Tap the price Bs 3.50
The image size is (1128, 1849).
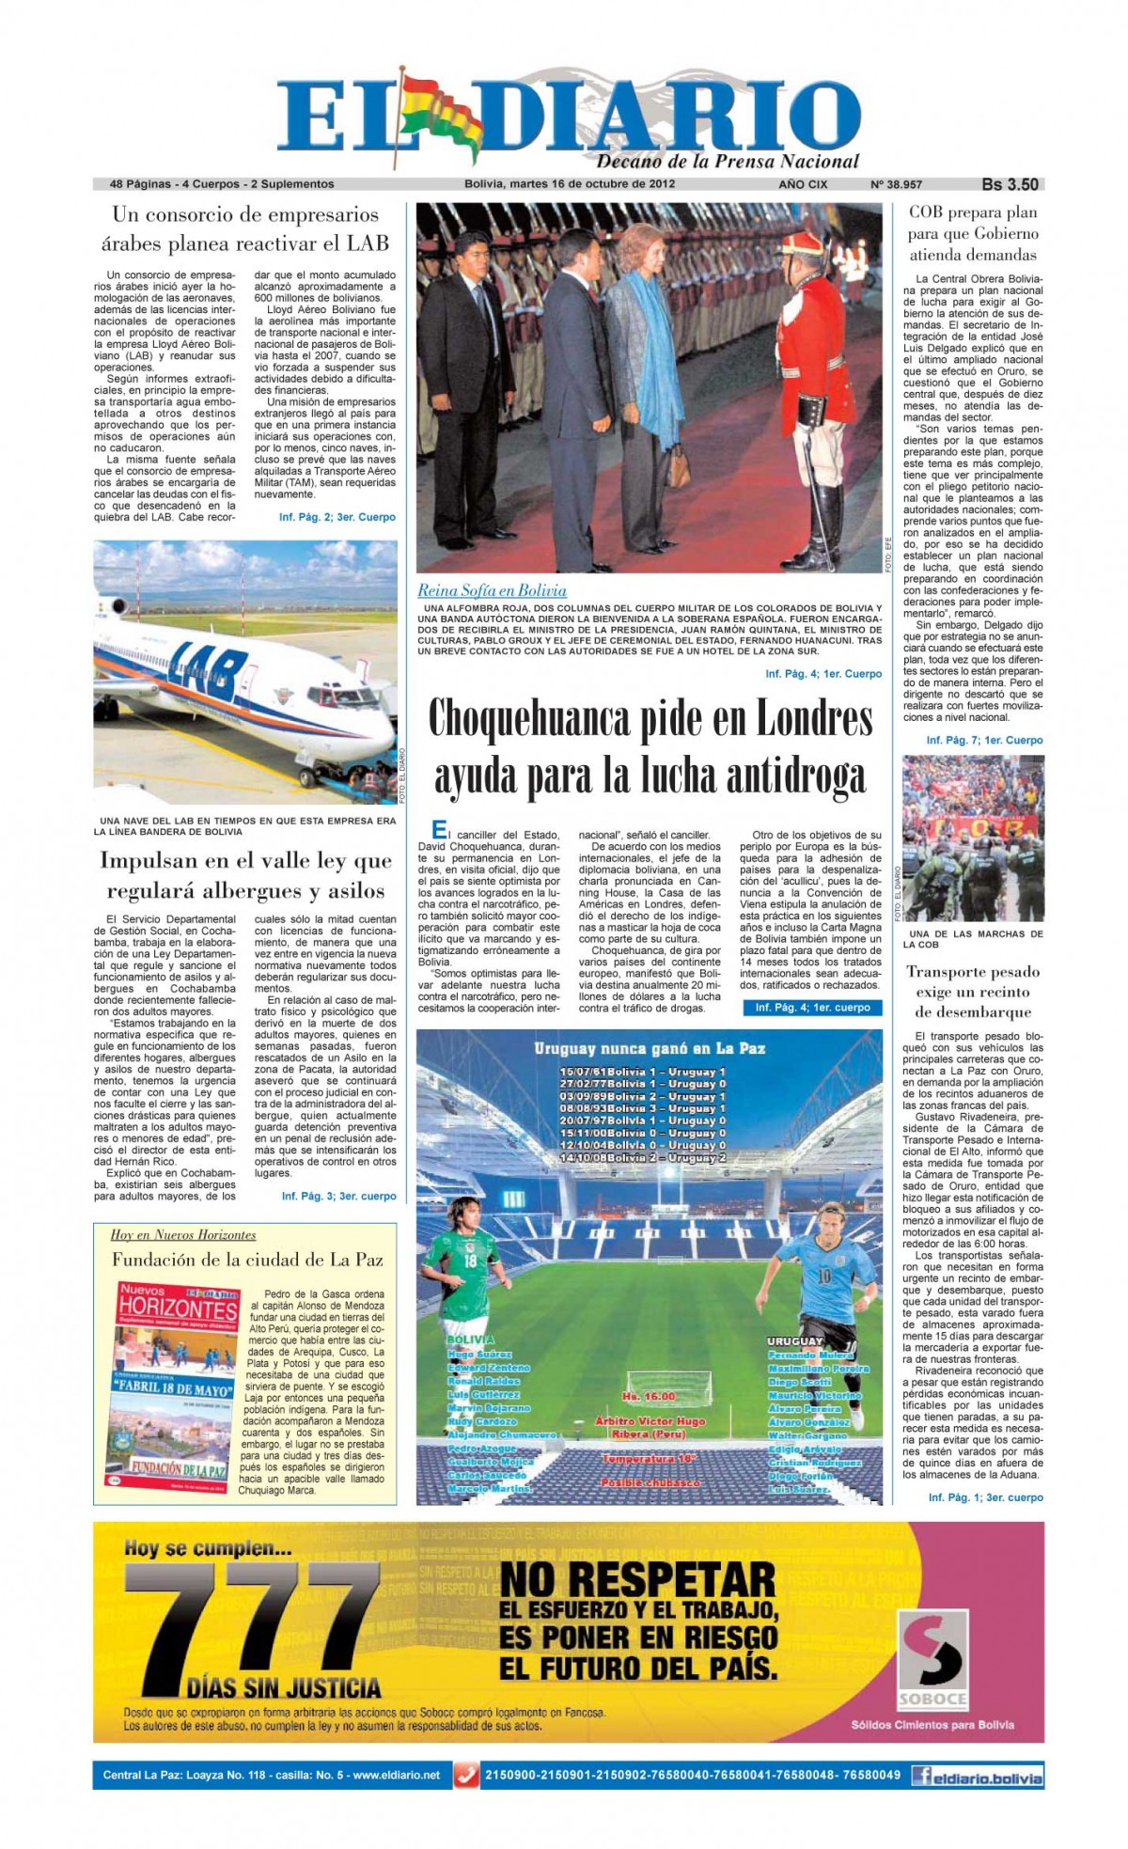point(1010,184)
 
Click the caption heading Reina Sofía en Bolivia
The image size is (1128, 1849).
point(492,590)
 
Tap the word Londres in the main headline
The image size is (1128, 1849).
point(790,720)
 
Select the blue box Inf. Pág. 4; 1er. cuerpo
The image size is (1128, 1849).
point(812,1008)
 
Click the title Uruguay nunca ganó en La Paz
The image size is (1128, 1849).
point(650,1048)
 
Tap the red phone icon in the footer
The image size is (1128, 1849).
point(465,1776)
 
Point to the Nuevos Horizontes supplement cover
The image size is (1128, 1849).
point(174,1384)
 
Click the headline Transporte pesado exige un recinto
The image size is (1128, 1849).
point(973,991)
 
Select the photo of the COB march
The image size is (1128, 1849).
point(973,838)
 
